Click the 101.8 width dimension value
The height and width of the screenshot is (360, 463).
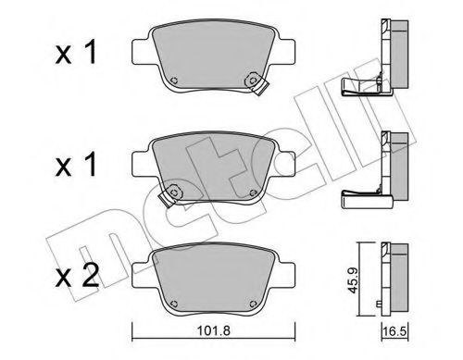pyautogui.click(x=214, y=330)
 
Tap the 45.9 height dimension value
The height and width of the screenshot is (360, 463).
pyautogui.click(x=352, y=280)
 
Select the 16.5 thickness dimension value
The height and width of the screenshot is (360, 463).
pyautogui.click(x=394, y=331)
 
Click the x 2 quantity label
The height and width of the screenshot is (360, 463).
pyautogui.click(x=77, y=275)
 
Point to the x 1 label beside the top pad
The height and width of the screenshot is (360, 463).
pyautogui.click(x=76, y=53)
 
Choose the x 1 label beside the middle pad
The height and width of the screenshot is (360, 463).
pyautogui.click(x=76, y=165)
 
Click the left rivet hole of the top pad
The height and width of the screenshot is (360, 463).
pyautogui.click(x=174, y=81)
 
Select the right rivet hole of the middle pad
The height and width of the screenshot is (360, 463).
pyautogui.click(x=253, y=192)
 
